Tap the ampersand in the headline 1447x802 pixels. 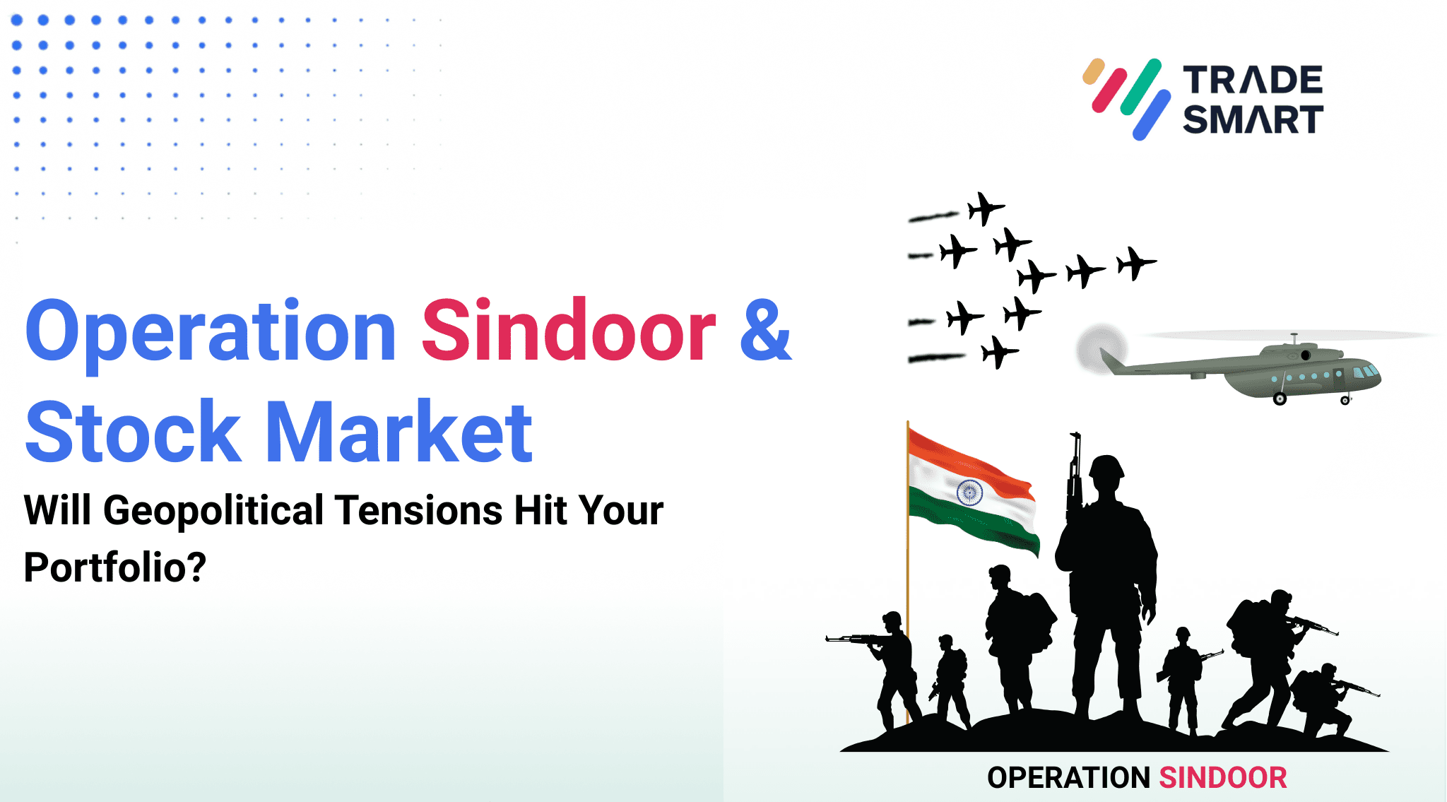(766, 331)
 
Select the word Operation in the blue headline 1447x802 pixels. (211, 332)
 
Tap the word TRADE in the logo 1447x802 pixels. (1253, 80)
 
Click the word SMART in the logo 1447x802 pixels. (1253, 119)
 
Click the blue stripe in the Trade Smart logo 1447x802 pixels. (1152, 114)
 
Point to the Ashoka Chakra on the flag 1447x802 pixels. (969, 492)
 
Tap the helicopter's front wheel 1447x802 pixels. (1345, 401)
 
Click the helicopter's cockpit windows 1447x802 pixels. (1365, 372)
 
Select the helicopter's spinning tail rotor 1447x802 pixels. (1100, 349)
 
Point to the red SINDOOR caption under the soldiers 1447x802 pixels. (1222, 777)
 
